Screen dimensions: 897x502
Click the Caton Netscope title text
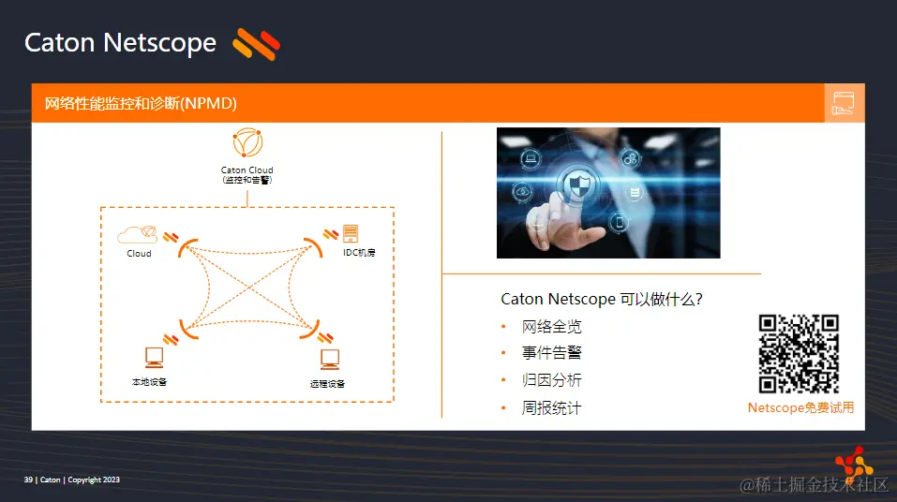(x=120, y=43)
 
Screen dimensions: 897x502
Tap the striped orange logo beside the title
(x=257, y=43)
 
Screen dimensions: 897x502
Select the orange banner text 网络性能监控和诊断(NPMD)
(x=141, y=103)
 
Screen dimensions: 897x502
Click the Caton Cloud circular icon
(x=247, y=143)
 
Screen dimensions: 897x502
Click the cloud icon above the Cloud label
(x=138, y=234)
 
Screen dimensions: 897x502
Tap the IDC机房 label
(x=359, y=253)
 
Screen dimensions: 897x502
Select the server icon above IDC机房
(x=351, y=233)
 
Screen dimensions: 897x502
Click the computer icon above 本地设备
(x=154, y=357)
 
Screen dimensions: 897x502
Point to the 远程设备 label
(x=327, y=384)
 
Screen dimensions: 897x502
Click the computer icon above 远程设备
(x=329, y=359)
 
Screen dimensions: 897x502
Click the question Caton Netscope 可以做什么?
(x=602, y=299)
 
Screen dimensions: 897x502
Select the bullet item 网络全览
(x=552, y=327)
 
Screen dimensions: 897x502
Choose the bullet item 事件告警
(x=552, y=353)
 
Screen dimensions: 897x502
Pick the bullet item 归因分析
(x=552, y=380)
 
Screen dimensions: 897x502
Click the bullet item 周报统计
(x=552, y=407)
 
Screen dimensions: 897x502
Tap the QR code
(x=799, y=354)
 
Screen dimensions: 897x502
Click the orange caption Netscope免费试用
(x=800, y=407)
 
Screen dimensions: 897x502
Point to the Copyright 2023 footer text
(x=93, y=480)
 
